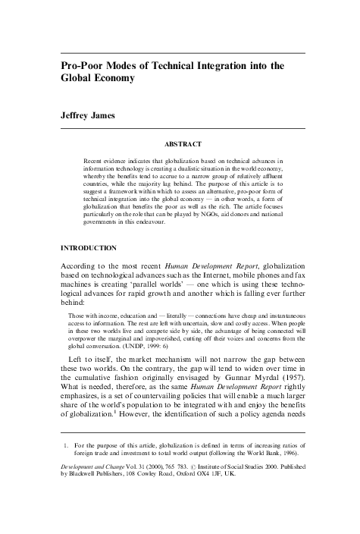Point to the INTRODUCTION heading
[x=88, y=248]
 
